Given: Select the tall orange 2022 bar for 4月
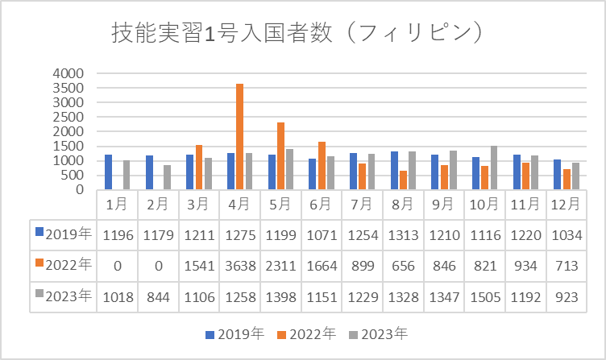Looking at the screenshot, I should pyautogui.click(x=239, y=137).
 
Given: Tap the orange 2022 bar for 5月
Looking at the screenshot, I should pyautogui.click(x=280, y=156).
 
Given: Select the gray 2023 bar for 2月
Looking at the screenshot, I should pyautogui.click(x=167, y=177).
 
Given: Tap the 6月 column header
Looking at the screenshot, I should pyautogui.click(x=322, y=205).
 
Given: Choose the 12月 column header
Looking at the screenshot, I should pyautogui.click(x=567, y=205).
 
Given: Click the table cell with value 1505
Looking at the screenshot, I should pyautogui.click(x=484, y=296).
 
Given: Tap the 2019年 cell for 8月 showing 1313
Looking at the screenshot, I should pyautogui.click(x=403, y=234).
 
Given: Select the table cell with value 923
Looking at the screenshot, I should pyautogui.click(x=567, y=296).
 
